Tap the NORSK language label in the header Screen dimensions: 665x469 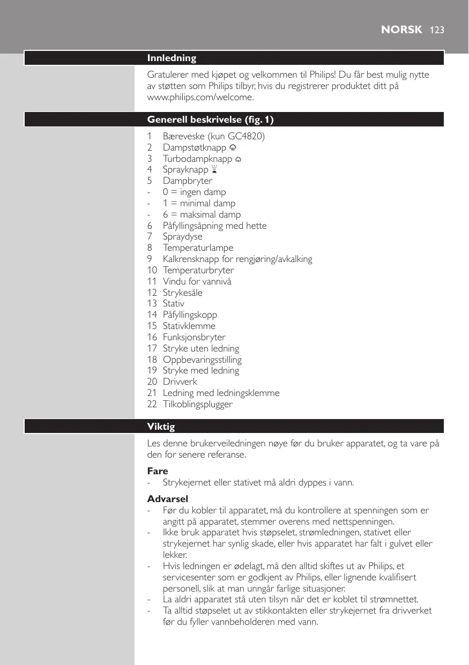tap(401, 30)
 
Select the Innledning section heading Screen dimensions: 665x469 tap(172, 58)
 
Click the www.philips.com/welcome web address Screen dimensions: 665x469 tap(200, 98)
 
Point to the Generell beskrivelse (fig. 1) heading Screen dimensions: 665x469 tap(214, 119)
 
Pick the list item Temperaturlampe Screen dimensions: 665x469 tap(198, 248)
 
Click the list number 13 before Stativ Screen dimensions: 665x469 tap(152, 303)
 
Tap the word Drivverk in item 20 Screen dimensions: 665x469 tap(180, 382)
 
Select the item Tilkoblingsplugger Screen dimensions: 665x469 tap(198, 404)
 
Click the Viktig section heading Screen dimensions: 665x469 tap(161, 427)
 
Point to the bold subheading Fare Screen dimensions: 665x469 tap(158, 471)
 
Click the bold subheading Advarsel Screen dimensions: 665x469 tap(167, 499)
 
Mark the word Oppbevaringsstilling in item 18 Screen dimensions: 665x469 tap(202, 360)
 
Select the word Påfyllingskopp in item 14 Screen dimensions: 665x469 tap(190, 315)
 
